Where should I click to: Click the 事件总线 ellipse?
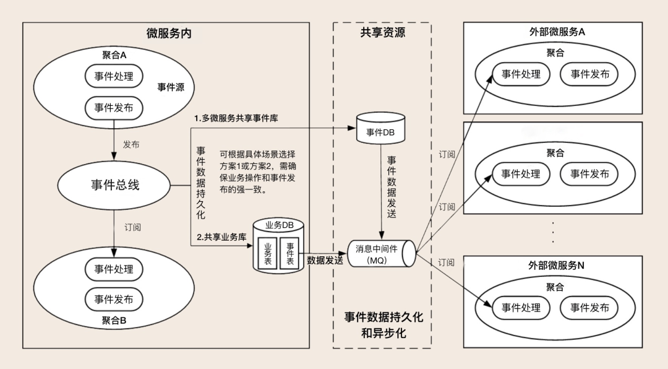114,184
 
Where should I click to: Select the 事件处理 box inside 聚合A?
114,76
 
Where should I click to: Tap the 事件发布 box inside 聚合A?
114,108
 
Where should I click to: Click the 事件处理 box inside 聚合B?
114,269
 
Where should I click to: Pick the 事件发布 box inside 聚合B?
114,299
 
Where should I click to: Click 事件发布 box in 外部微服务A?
589,74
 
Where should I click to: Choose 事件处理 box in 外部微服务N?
521,308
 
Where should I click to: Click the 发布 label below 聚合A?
131,144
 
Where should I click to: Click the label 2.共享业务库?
221,237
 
